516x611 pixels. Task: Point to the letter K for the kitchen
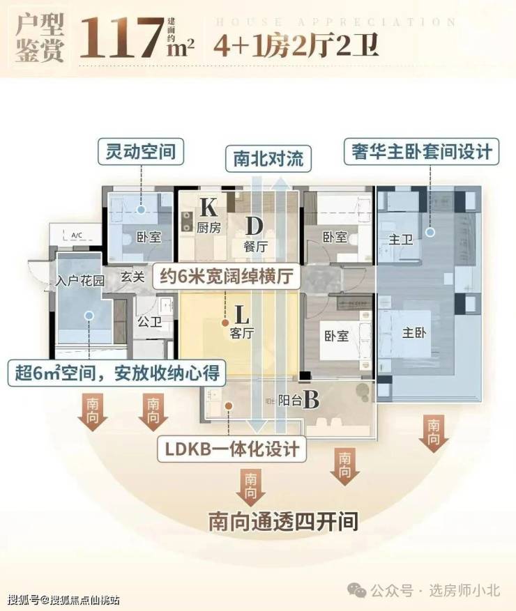tap(208, 207)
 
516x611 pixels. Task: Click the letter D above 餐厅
tap(253, 226)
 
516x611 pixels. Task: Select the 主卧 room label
tap(414, 332)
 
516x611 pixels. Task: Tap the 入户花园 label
tap(81, 281)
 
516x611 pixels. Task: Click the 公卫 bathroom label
tap(147, 322)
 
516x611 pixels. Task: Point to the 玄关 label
tap(132, 277)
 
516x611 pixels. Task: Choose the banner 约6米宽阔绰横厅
tap(225, 277)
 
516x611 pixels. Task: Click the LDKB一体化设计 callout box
tap(232, 448)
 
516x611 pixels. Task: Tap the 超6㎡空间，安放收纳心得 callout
tap(117, 373)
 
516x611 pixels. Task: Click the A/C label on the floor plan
tap(76, 236)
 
